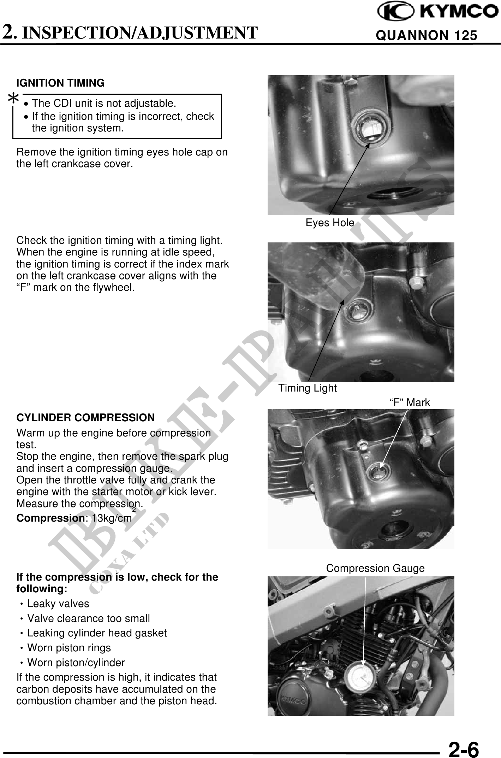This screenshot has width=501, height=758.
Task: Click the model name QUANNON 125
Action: pos(427,36)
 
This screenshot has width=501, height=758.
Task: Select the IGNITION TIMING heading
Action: pos(60,83)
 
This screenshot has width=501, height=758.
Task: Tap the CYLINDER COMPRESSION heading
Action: pos(85,418)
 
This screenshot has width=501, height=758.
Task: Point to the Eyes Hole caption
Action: pos(330,223)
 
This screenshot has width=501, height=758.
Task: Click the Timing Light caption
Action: pos(308,388)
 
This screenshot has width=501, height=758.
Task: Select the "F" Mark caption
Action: pos(410,402)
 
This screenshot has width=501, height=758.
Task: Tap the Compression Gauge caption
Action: pos(375,568)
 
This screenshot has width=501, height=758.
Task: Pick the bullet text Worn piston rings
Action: pos(69,648)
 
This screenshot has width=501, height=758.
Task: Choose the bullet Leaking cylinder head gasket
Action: pos(97,633)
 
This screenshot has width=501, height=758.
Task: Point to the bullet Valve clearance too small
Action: pos(89,618)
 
